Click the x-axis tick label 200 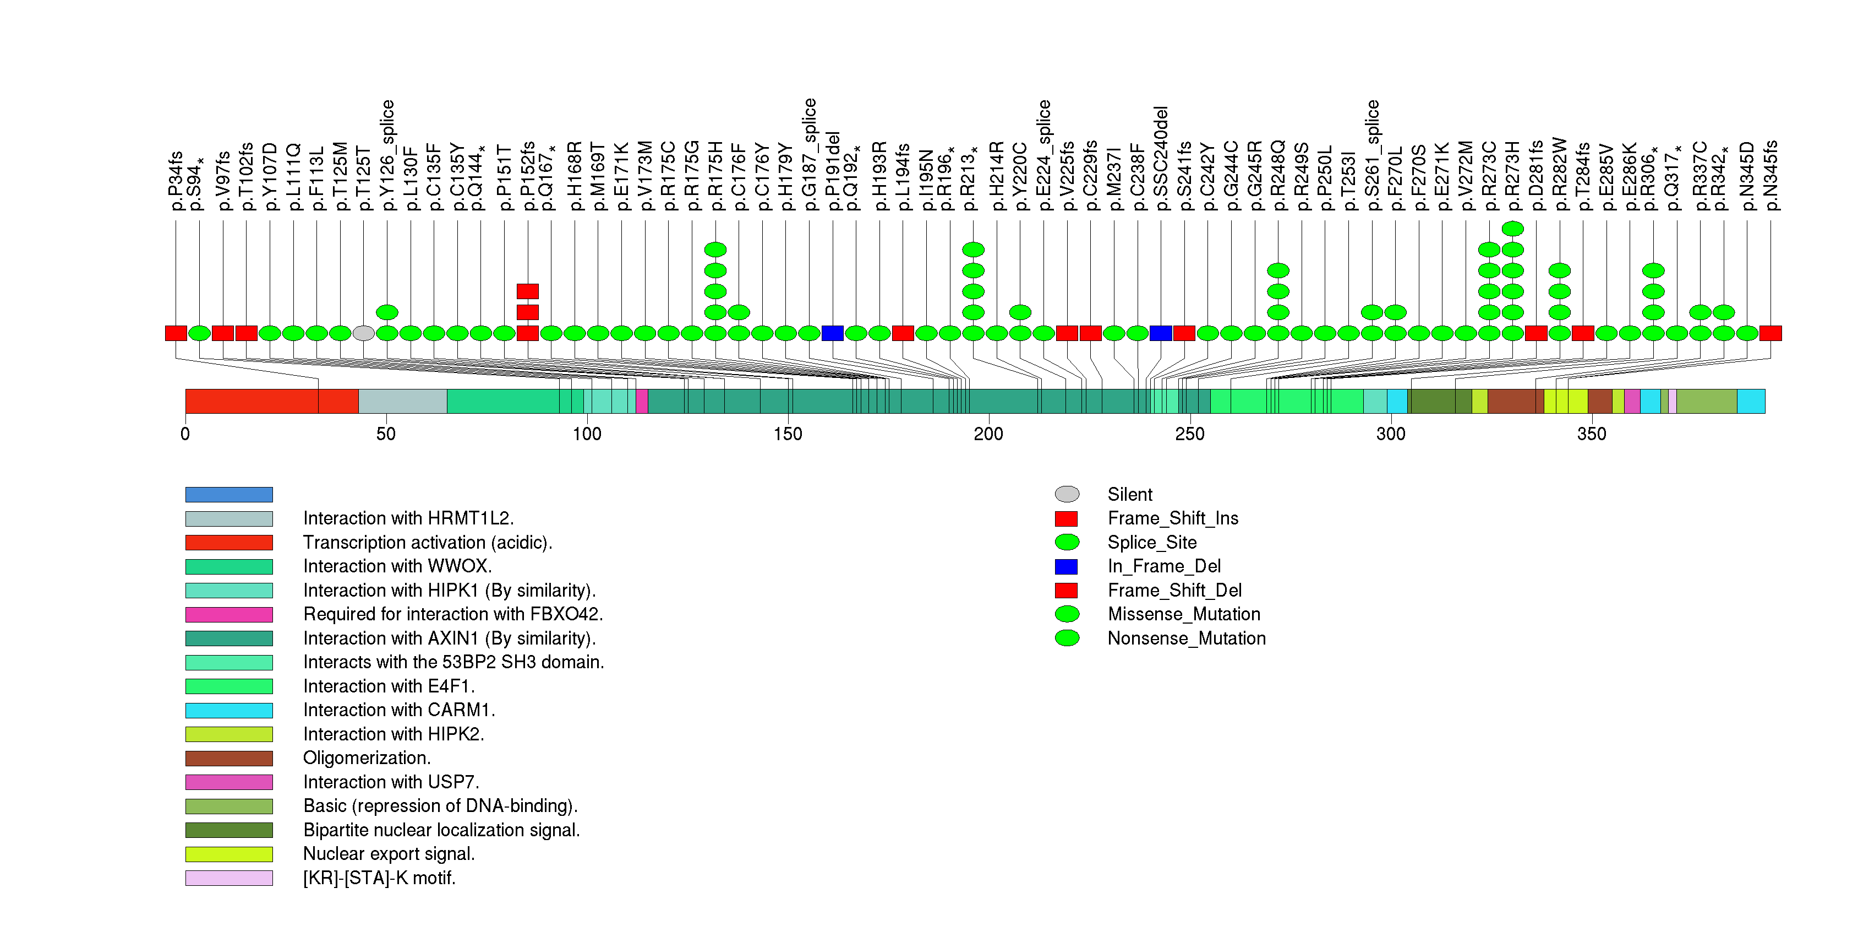click(988, 434)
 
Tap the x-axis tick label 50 click(386, 434)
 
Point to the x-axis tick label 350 click(1591, 434)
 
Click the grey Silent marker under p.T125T click(364, 333)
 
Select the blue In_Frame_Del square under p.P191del click(832, 333)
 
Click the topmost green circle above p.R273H click(1512, 229)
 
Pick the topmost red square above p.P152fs click(527, 291)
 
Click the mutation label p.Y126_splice click(387, 155)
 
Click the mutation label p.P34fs click(175, 181)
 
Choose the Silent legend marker click(1067, 494)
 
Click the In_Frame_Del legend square click(1066, 566)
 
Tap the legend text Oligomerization click(367, 758)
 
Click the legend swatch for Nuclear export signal click(228, 854)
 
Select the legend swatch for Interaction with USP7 click(228, 782)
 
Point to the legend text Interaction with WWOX click(397, 566)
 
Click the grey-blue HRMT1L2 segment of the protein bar click(402, 401)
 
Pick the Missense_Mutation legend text click(1184, 614)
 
